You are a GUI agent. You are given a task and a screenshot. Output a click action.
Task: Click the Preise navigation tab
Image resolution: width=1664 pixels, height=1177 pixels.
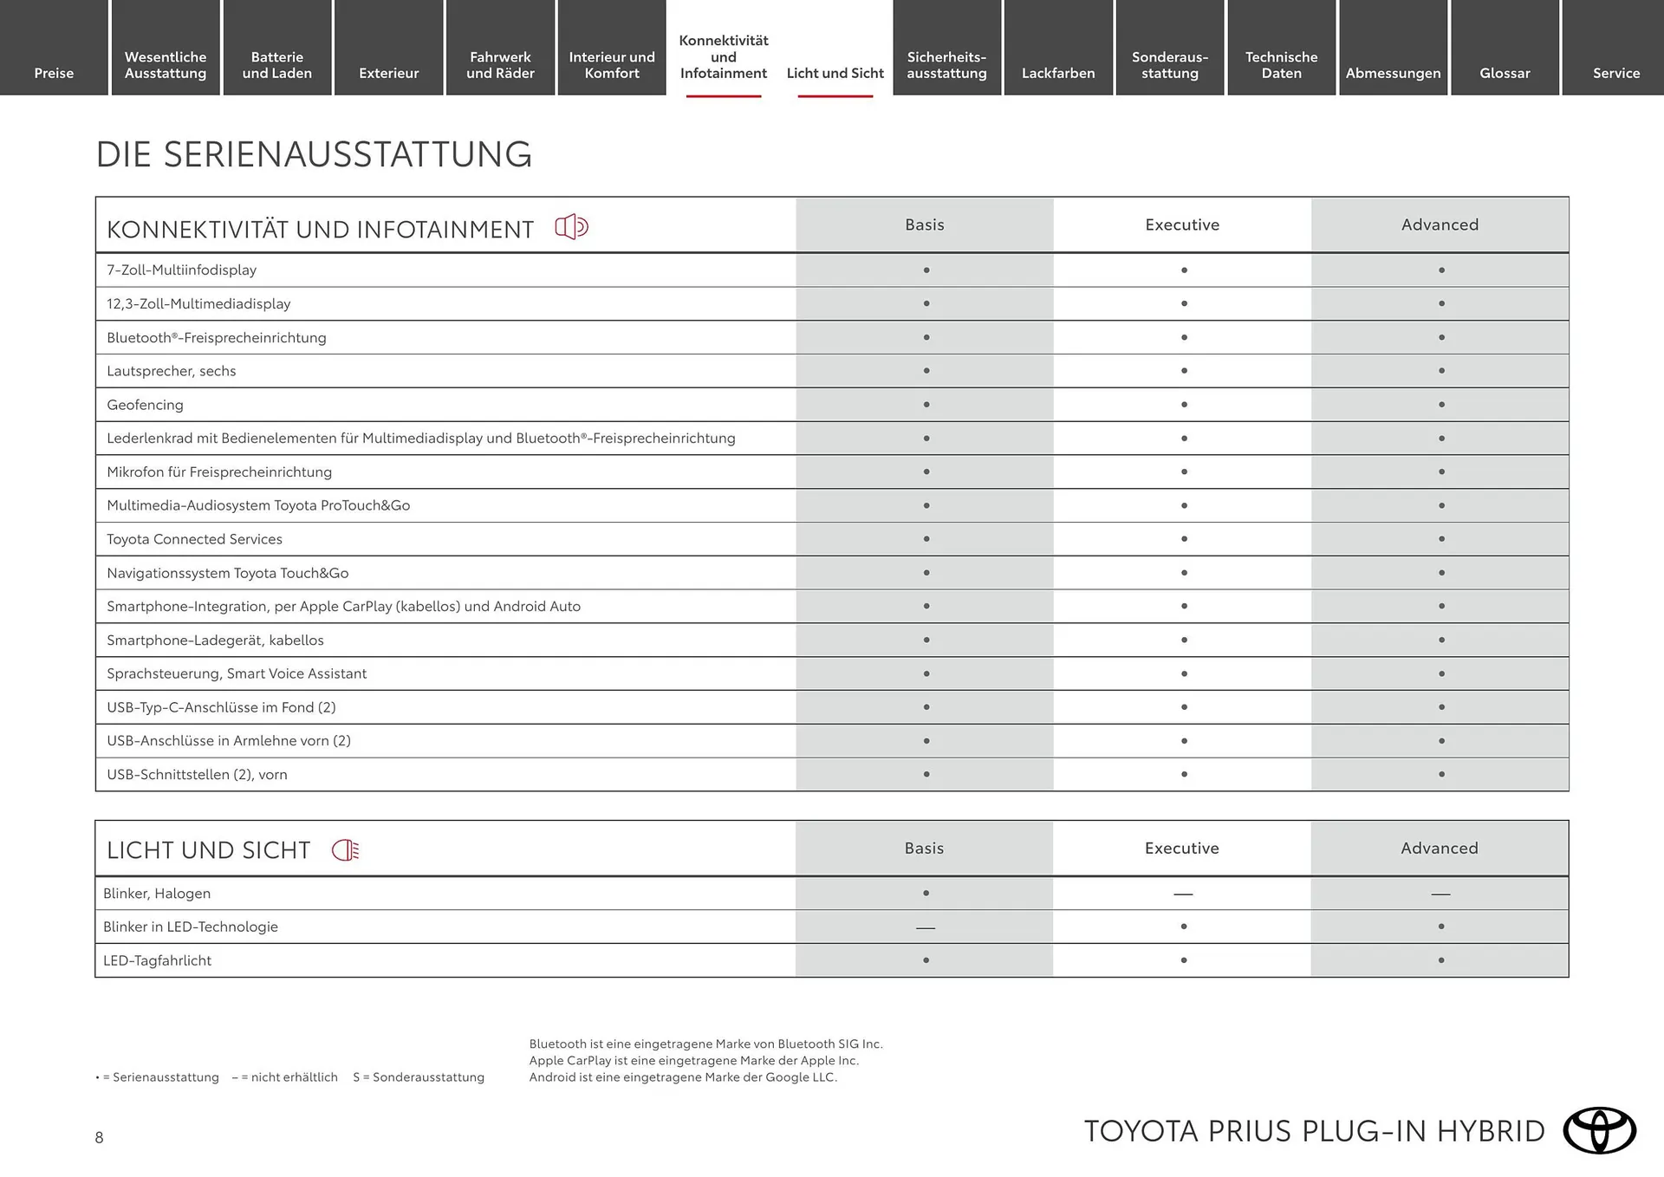pos(54,73)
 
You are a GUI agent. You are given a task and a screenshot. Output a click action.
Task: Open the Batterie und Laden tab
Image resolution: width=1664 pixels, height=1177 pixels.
pos(276,65)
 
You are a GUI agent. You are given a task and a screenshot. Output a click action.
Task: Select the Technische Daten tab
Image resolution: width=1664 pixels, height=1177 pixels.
pos(1281,65)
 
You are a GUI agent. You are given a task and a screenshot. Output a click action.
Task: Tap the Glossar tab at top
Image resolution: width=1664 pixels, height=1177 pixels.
pos(1505,73)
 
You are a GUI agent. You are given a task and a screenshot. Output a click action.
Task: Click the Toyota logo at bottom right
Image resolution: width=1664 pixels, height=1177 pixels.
pos(1599,1130)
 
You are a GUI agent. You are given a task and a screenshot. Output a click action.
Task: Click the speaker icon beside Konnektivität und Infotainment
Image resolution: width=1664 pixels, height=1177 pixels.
pos(571,227)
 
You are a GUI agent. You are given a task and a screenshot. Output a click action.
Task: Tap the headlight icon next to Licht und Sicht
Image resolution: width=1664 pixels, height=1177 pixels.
pos(345,849)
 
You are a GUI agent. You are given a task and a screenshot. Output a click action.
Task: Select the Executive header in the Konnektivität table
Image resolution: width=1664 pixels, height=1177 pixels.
pos(1182,224)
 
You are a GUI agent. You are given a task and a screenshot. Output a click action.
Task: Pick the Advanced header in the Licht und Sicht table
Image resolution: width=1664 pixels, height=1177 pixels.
pos(1440,848)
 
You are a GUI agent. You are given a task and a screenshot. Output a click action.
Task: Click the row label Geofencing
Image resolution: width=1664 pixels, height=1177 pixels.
pos(145,405)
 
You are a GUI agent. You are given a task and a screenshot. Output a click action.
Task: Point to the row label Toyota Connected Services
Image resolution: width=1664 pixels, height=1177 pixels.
pos(194,539)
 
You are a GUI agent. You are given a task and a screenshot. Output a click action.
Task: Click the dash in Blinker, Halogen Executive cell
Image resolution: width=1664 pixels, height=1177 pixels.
pos(1183,894)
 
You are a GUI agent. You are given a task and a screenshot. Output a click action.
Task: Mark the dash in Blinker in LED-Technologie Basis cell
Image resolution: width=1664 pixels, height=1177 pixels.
pos(926,927)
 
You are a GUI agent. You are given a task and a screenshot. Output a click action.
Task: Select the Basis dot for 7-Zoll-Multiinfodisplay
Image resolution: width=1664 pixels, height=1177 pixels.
pos(926,270)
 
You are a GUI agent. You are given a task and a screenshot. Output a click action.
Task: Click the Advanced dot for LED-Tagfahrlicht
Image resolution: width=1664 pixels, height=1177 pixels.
pos(1441,960)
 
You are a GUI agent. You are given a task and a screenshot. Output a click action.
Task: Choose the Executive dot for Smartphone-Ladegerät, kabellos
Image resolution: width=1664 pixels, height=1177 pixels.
pos(1184,641)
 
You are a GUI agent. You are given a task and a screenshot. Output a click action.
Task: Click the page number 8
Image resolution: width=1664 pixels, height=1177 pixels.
pos(99,1137)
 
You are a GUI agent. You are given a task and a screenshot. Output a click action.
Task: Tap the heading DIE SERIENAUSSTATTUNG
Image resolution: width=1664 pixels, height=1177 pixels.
pos(314,154)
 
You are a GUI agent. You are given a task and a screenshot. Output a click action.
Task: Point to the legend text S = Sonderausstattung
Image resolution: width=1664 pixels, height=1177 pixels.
pos(419,1077)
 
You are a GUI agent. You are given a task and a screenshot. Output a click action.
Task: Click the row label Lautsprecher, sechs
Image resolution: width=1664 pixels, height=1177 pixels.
pos(171,371)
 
